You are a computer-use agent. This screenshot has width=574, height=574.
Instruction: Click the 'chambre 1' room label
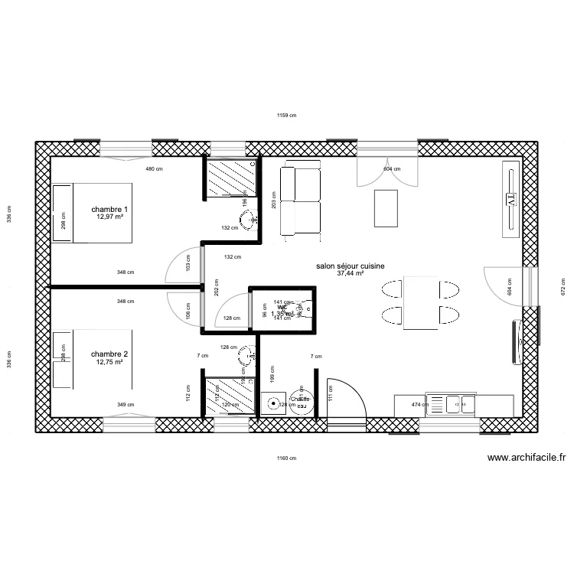click(x=109, y=210)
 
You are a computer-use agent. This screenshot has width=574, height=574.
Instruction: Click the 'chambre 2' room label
click(x=109, y=354)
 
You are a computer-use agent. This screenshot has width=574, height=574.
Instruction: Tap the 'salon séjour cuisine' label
click(x=350, y=266)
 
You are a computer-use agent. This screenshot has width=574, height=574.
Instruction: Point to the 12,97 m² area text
click(x=109, y=217)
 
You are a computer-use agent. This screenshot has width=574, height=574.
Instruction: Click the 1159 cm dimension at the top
click(x=286, y=116)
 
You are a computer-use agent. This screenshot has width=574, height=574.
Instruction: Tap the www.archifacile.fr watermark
click(x=527, y=458)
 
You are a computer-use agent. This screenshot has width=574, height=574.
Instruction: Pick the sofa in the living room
click(x=300, y=201)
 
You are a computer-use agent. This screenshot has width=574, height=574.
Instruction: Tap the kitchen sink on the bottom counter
click(x=453, y=402)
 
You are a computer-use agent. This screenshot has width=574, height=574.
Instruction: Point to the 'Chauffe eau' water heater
click(x=300, y=403)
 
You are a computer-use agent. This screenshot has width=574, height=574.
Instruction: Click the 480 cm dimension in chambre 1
click(x=154, y=169)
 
